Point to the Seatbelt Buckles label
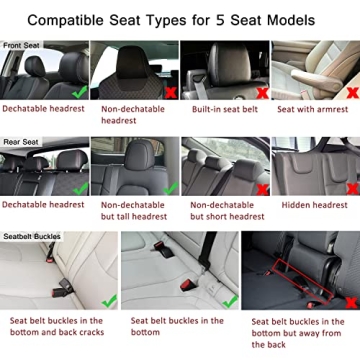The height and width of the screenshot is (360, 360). [33, 236]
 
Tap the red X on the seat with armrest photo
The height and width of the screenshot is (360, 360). [346, 89]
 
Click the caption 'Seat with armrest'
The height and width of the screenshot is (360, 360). [314, 109]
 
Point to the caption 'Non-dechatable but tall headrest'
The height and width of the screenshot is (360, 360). [134, 210]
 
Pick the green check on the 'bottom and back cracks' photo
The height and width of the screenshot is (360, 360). [107, 300]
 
